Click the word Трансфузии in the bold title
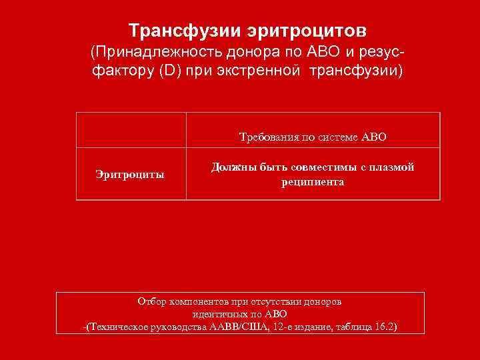(175, 31)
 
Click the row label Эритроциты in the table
(130, 175)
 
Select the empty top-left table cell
(131, 130)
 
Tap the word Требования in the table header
(268, 138)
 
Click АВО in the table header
(373, 138)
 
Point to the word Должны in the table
(231, 167)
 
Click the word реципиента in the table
(313, 181)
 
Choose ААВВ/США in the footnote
(236, 327)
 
